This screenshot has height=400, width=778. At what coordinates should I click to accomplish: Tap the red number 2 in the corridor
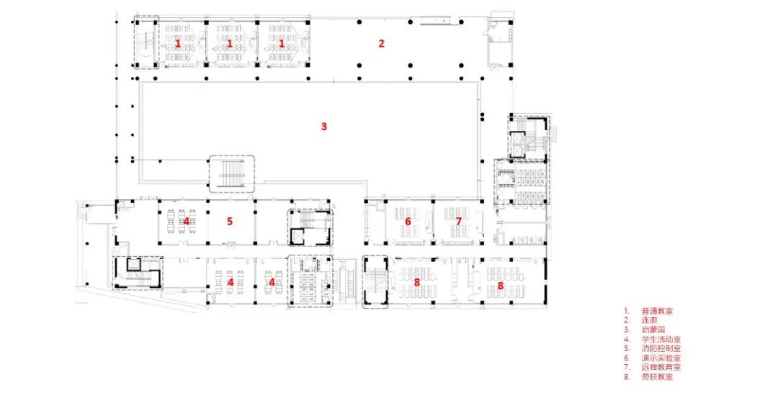(x=382, y=43)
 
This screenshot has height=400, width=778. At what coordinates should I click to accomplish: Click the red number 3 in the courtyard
(x=324, y=127)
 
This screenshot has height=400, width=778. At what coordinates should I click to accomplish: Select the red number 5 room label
(x=230, y=221)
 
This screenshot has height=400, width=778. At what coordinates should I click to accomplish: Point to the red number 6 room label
(x=408, y=221)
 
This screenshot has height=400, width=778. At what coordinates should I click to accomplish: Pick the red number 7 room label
(x=458, y=221)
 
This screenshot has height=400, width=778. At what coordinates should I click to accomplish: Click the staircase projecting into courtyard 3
(x=231, y=173)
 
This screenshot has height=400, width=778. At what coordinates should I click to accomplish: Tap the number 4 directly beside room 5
(x=186, y=221)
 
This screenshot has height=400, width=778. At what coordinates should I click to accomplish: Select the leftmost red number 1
(x=178, y=43)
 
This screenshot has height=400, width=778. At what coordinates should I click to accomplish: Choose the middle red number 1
(x=230, y=43)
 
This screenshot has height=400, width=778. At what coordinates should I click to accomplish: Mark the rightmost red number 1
(x=282, y=43)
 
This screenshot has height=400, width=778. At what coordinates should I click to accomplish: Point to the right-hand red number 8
(x=501, y=285)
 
